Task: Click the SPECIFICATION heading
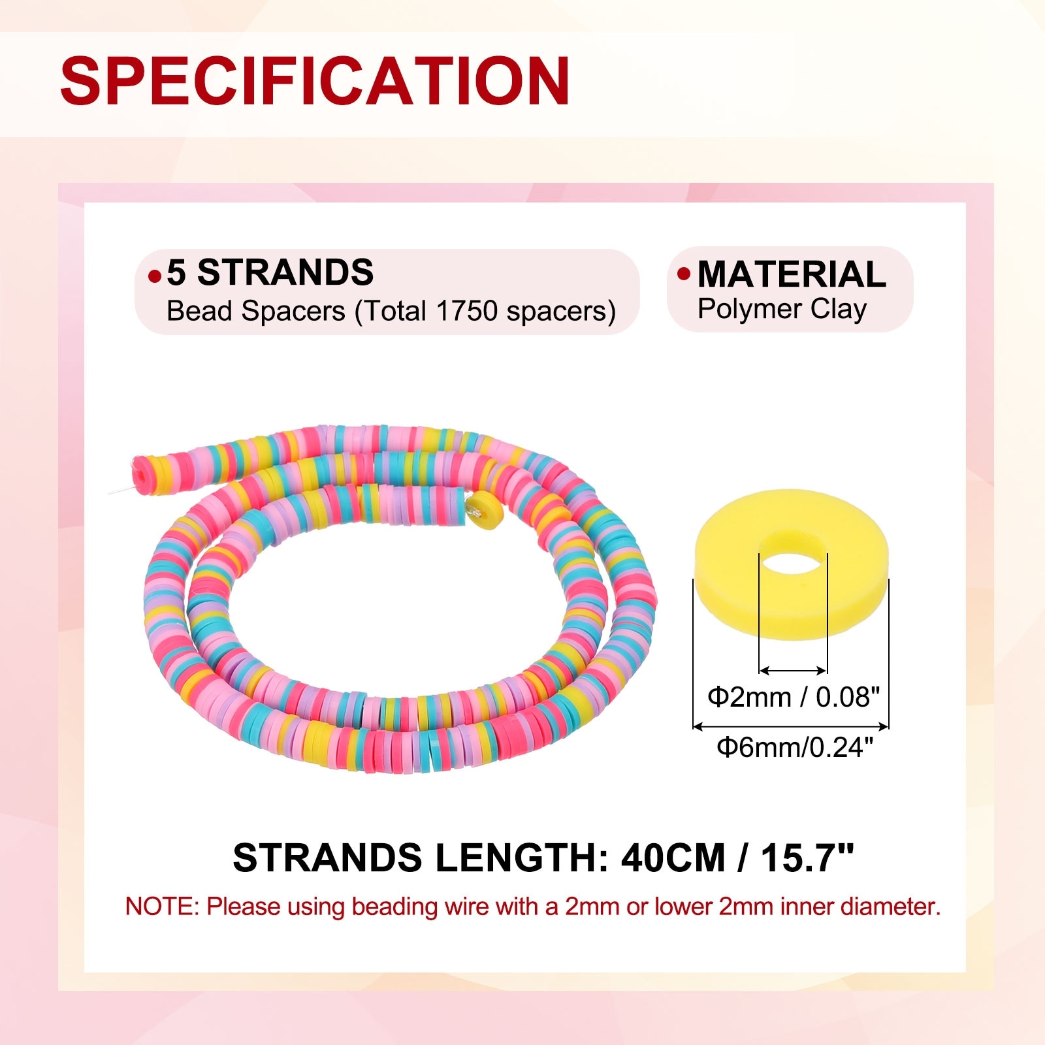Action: click(x=315, y=81)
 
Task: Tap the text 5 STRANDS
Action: click(x=270, y=272)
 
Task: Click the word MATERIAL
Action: click(x=792, y=274)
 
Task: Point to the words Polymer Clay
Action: click(x=782, y=310)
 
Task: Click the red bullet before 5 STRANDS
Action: click(x=154, y=276)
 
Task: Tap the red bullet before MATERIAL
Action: click(x=684, y=274)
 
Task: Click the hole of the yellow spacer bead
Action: click(x=793, y=553)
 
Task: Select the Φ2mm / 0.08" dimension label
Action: click(x=794, y=698)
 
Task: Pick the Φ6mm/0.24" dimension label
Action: click(x=795, y=747)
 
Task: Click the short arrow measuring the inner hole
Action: click(x=793, y=670)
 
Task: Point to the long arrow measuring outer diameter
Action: click(x=790, y=726)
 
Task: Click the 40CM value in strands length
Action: click(x=673, y=858)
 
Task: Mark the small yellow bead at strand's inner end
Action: click(x=485, y=511)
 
